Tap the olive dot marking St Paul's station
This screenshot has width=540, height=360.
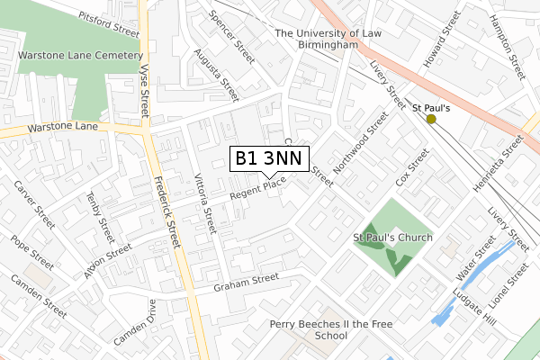pyautogui.click(x=431, y=119)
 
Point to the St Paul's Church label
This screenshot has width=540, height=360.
pyautogui.click(x=392, y=238)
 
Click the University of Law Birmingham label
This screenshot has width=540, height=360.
pyautogui.click(x=328, y=40)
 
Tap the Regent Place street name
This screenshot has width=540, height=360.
pyautogui.click(x=257, y=188)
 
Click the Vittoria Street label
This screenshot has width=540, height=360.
pyautogui.click(x=205, y=203)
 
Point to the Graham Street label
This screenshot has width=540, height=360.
pyautogui.click(x=247, y=282)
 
